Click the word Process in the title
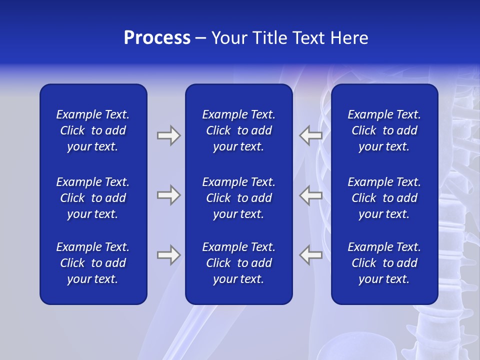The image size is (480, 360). click(157, 38)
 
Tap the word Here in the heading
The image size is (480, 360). click(349, 38)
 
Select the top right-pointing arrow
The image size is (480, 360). click(168, 135)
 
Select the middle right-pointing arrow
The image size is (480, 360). click(168, 195)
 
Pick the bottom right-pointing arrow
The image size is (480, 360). click(168, 255)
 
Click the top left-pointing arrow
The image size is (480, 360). click(311, 135)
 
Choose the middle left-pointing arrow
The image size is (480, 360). click(311, 195)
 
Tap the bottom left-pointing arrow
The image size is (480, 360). click(311, 255)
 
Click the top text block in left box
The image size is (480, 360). click(93, 130)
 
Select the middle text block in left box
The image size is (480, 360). click(93, 198)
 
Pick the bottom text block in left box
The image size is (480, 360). click(93, 263)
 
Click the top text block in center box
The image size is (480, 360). click(238, 130)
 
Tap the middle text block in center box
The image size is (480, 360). click(238, 198)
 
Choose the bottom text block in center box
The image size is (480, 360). click(238, 263)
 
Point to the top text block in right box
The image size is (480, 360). click(384, 130)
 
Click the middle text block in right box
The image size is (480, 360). click(384, 198)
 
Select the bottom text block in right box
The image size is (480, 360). click(384, 263)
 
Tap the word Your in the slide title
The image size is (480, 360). click(229, 38)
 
